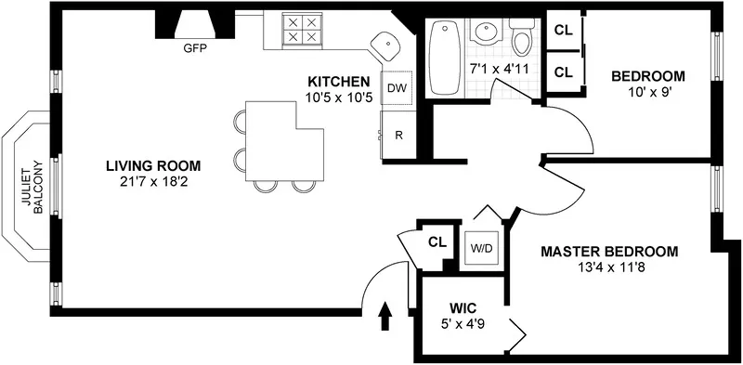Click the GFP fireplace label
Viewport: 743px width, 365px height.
(x=194, y=48)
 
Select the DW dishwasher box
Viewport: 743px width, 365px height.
(x=397, y=88)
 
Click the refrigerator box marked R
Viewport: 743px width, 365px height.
(x=398, y=135)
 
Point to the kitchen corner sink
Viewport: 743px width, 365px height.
(x=385, y=44)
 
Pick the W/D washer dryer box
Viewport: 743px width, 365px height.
(x=481, y=248)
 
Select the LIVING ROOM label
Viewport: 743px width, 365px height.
(x=152, y=166)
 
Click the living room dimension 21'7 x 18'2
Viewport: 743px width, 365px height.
(x=152, y=183)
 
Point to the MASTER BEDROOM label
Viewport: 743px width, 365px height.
(x=609, y=251)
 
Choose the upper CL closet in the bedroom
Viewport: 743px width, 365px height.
(x=563, y=29)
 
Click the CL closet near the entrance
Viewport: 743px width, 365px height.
(x=437, y=242)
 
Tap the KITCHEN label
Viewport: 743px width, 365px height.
(x=341, y=82)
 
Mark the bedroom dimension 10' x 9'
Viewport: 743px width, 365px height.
(x=647, y=93)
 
